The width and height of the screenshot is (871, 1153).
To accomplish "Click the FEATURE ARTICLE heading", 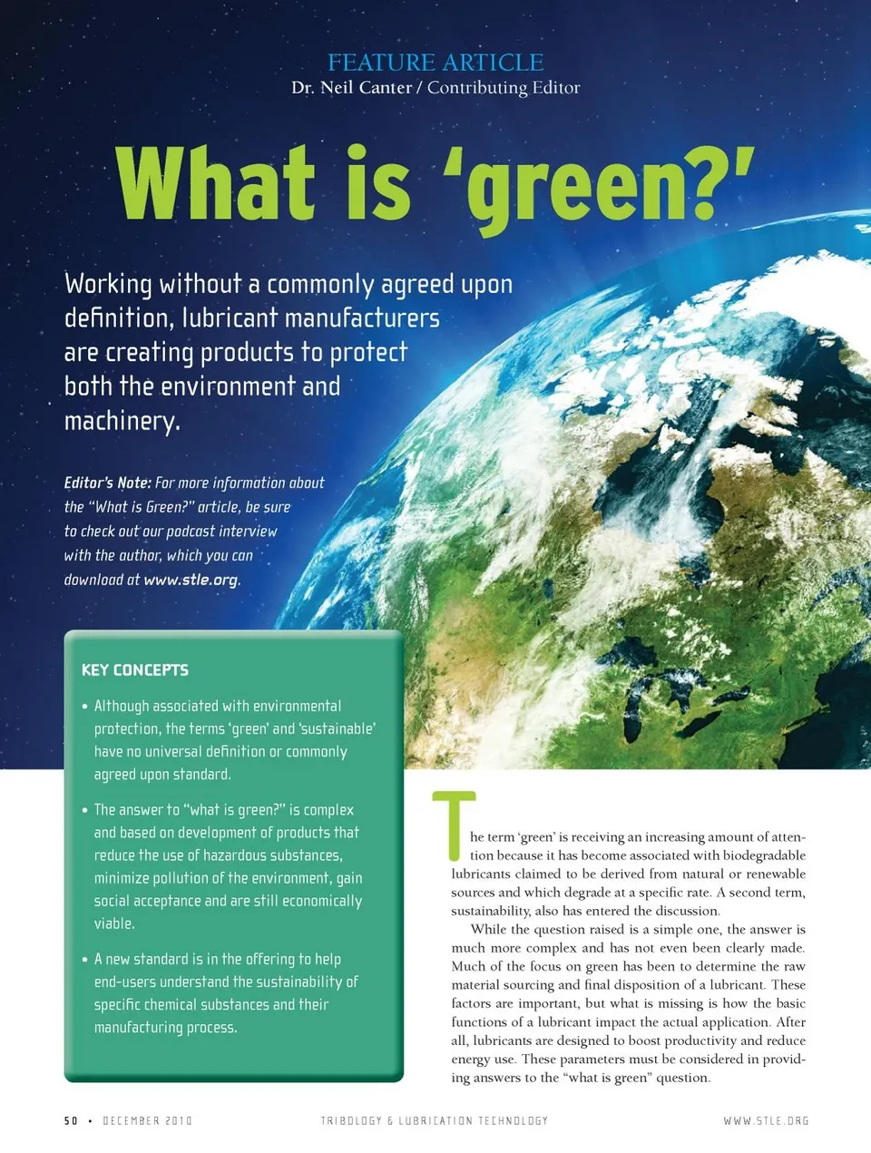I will point(435,63).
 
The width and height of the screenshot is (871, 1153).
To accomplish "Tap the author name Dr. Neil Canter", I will point(351,88).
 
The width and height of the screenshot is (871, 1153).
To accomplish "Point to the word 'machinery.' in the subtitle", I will point(122,421).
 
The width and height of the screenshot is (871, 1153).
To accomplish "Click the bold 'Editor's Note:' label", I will point(107,483).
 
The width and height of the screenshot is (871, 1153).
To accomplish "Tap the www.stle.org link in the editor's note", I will point(191,580).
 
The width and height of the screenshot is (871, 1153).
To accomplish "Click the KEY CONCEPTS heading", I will point(135,670).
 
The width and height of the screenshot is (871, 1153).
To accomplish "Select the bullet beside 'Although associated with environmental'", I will point(84,707).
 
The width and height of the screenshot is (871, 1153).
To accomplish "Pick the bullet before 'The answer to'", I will point(84,810).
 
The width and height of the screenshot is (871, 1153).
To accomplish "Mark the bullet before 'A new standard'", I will point(84,960).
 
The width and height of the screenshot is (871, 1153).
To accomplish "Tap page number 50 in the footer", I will point(71,1121).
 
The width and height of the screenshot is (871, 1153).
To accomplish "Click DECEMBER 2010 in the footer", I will point(147,1121).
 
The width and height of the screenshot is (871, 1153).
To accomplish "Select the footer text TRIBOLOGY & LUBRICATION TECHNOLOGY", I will point(434,1121).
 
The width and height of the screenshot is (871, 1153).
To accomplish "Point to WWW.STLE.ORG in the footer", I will point(766,1121).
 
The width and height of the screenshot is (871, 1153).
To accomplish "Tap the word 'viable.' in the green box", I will point(114,923).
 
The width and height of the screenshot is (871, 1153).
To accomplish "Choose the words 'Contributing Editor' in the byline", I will point(504,88).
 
